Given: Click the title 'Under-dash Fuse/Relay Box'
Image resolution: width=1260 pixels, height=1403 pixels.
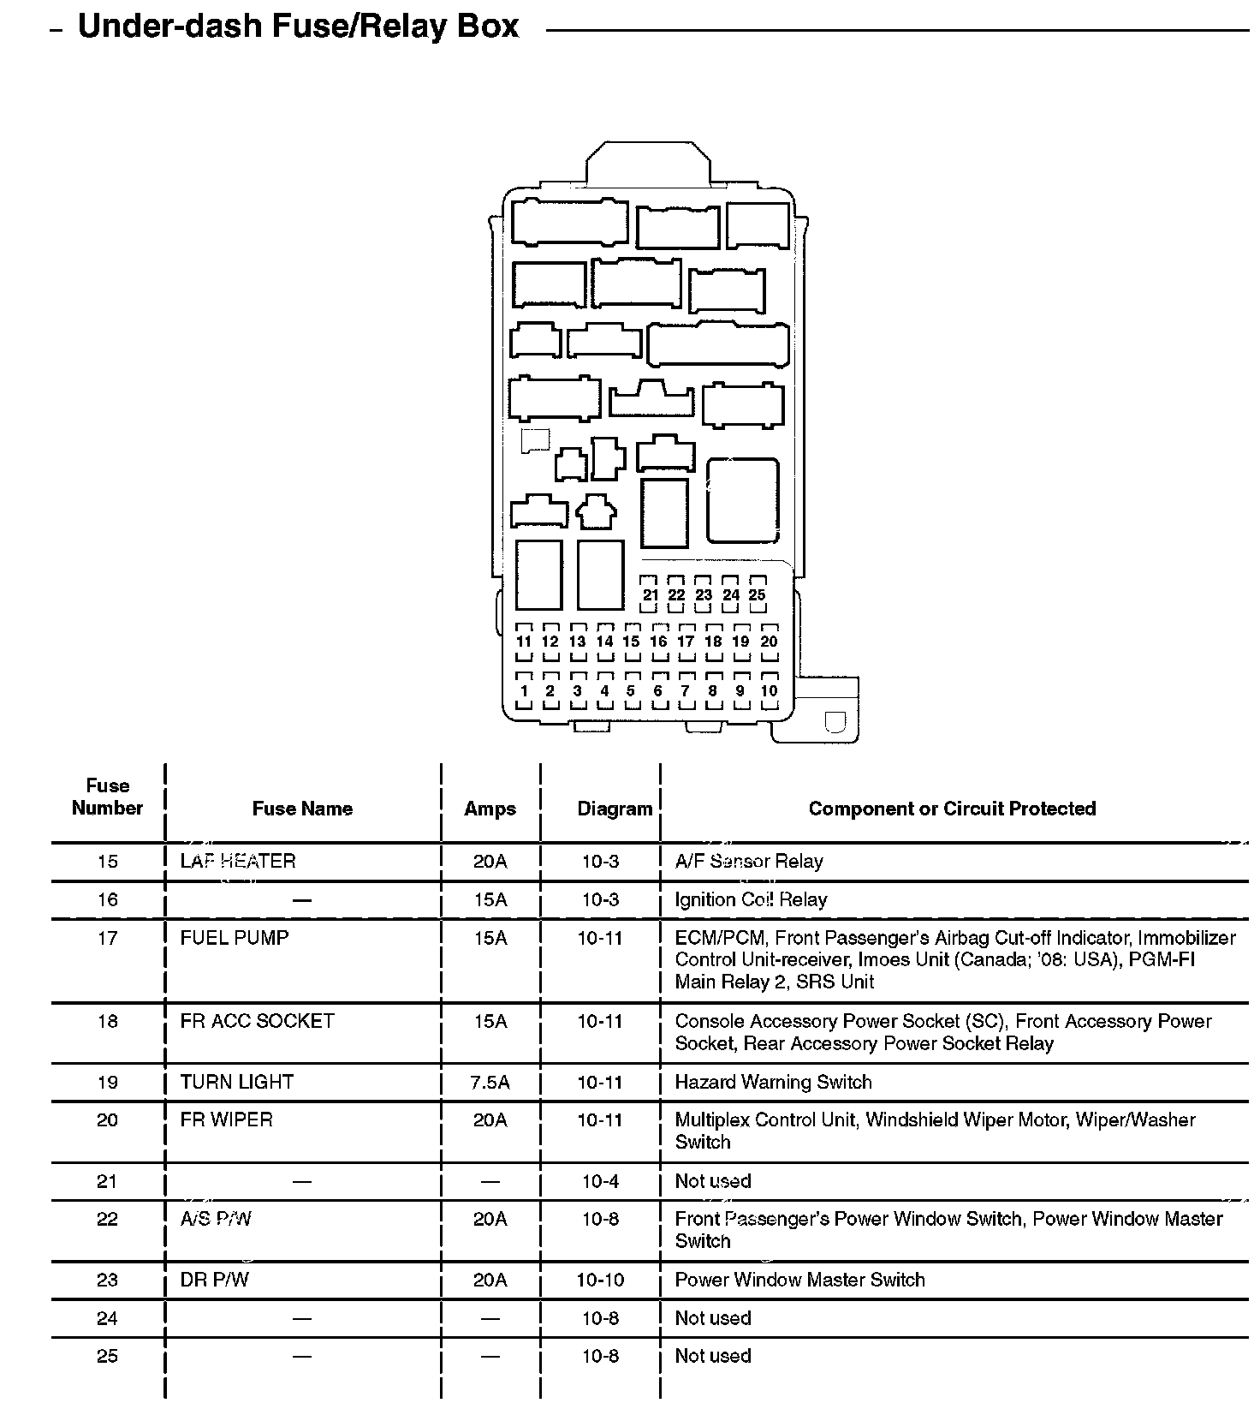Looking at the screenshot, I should point(298,27).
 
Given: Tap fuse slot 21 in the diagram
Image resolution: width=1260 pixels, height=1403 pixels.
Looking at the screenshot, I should point(650,594).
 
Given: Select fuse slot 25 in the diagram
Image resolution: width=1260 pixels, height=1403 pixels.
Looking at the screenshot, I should point(758,594).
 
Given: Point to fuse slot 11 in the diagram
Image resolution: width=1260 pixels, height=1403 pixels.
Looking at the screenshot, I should point(524,642).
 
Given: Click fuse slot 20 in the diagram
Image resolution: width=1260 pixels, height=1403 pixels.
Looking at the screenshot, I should point(769,642).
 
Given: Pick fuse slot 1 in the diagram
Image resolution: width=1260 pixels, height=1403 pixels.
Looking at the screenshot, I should point(524,690).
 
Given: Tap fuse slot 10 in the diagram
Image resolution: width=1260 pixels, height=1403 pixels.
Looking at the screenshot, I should point(769,690).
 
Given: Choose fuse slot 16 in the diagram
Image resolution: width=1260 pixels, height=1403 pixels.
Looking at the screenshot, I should point(658,642).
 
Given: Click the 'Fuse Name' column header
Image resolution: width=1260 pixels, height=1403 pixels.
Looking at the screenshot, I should point(302,809).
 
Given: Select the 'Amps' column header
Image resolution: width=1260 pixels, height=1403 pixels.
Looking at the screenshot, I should point(490,809).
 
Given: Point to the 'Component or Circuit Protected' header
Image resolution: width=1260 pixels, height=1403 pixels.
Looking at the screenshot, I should point(952,809).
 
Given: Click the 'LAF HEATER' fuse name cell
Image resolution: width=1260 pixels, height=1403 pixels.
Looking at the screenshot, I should point(237,861).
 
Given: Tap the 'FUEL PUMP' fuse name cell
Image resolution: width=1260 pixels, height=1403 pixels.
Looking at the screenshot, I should point(235,938).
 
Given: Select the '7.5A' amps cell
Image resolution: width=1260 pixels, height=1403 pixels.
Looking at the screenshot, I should point(490,1082).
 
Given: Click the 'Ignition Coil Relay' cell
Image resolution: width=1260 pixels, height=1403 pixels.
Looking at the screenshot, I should point(751,899).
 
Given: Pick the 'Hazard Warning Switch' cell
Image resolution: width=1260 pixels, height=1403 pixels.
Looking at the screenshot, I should point(773,1082).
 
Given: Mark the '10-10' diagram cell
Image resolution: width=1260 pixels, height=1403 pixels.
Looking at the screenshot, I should point(600,1280).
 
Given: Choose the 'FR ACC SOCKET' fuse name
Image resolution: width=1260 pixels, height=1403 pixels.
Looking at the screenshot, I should point(257,1021).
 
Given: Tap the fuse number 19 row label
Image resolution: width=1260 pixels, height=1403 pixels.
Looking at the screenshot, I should point(107,1082).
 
